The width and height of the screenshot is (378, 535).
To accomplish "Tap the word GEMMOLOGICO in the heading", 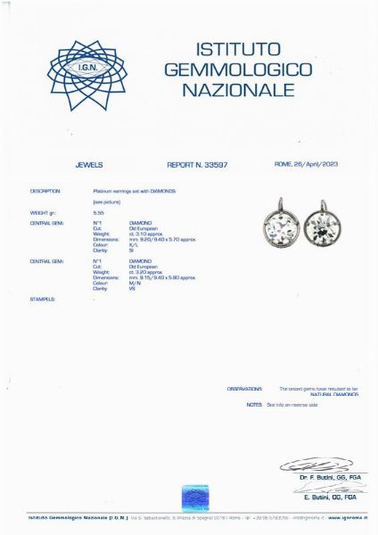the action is pyautogui.click(x=238, y=69).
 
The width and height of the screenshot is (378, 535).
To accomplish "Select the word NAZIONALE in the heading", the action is pyautogui.click(x=238, y=90).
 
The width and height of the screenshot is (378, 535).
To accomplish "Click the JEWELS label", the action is pyautogui.click(x=90, y=165).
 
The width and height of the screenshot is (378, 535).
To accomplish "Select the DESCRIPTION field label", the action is pyautogui.click(x=45, y=191).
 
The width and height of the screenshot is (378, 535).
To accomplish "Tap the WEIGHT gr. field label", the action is pyautogui.click(x=45, y=214).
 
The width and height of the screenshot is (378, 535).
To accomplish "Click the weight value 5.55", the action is pyautogui.click(x=98, y=214).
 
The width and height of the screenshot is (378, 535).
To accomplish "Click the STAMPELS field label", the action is pyautogui.click(x=42, y=299).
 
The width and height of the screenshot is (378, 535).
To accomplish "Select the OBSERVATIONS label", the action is pyautogui.click(x=244, y=389).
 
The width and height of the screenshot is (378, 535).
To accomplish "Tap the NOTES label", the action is pyautogui.click(x=254, y=404).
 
